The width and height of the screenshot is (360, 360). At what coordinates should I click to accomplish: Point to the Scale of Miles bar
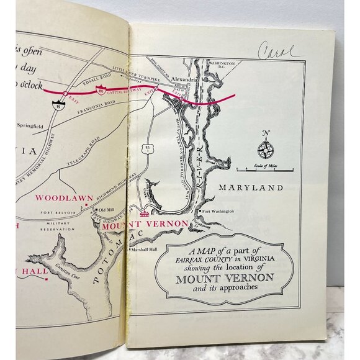(x=266, y=169)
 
